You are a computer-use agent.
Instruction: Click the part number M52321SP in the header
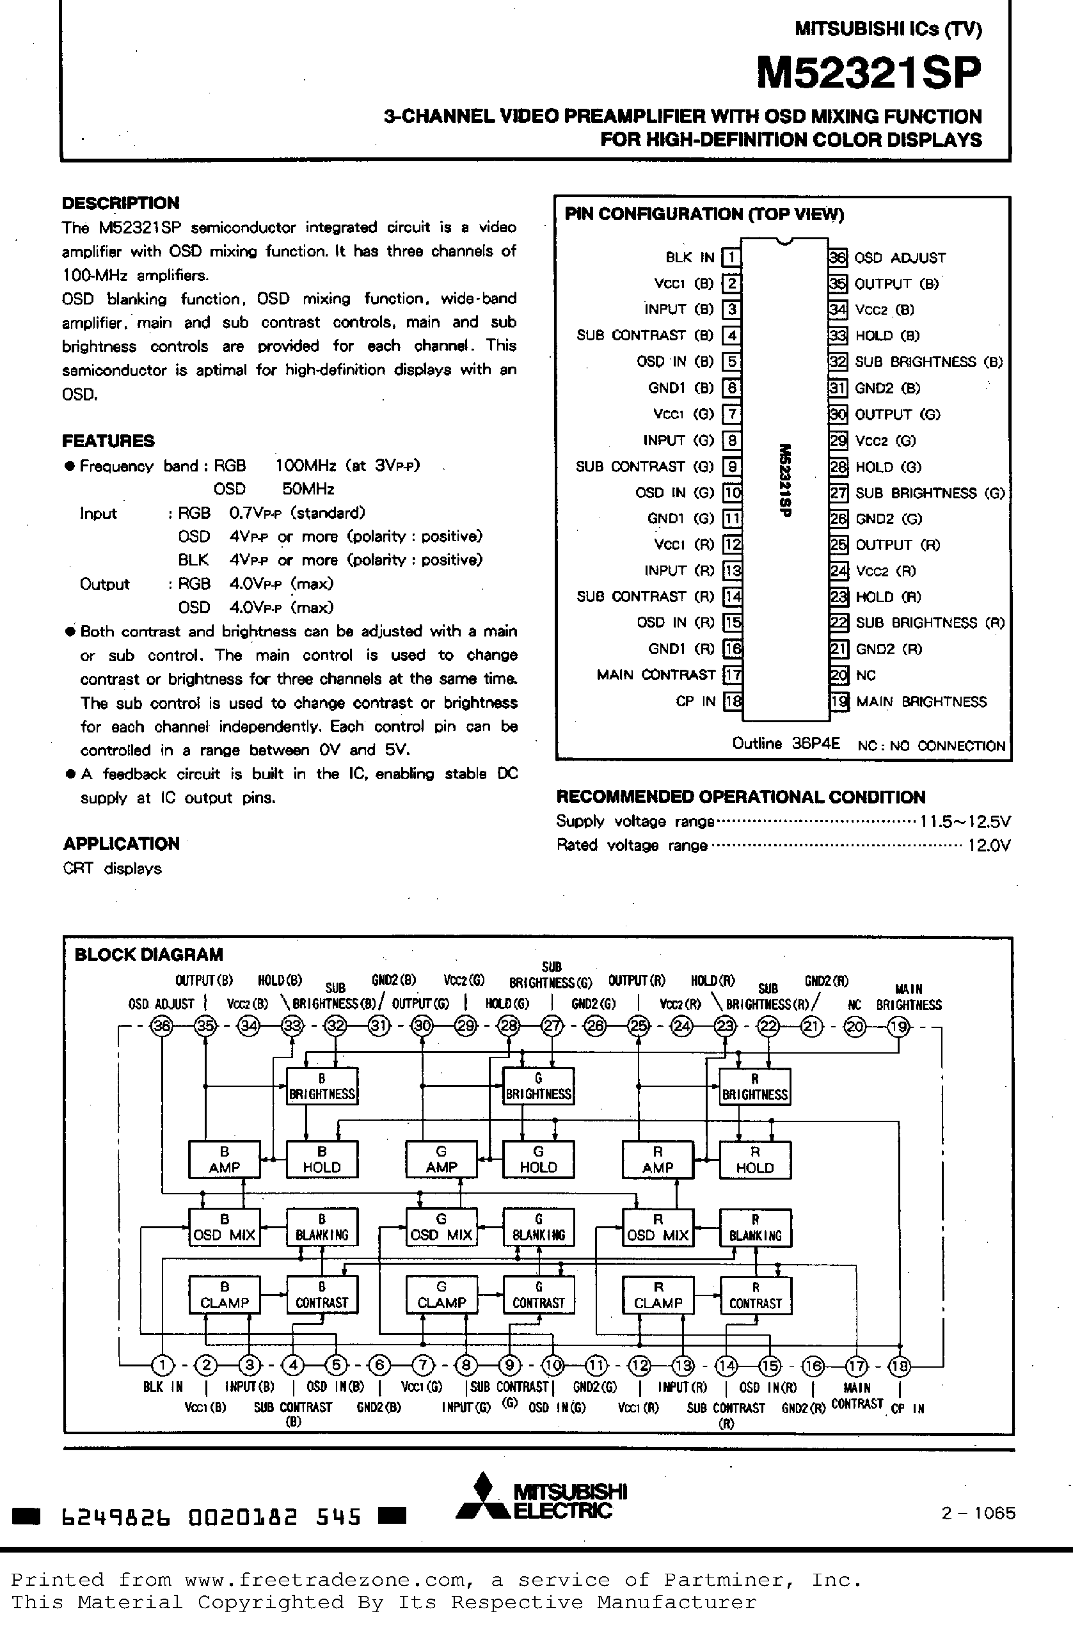(869, 73)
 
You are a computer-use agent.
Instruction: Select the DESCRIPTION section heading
(120, 203)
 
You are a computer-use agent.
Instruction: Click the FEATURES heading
(108, 441)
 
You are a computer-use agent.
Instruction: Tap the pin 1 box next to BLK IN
(731, 257)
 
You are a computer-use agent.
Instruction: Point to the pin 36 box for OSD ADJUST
(838, 257)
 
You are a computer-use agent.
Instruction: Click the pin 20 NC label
(866, 676)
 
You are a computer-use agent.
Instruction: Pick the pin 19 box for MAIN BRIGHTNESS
(838, 702)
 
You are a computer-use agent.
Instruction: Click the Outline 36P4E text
(786, 743)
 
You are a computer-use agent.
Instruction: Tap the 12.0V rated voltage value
(989, 845)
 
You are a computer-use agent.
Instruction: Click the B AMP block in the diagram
(224, 1159)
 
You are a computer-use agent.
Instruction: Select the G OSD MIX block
(441, 1227)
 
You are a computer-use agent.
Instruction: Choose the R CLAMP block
(658, 1295)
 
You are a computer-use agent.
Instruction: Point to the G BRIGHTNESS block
(539, 1086)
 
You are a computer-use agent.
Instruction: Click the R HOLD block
(754, 1160)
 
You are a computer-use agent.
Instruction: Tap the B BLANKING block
(321, 1228)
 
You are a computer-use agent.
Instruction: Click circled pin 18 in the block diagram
(900, 1365)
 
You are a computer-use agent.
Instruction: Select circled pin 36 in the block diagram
(163, 1027)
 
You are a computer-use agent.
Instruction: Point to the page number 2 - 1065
(978, 1513)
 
